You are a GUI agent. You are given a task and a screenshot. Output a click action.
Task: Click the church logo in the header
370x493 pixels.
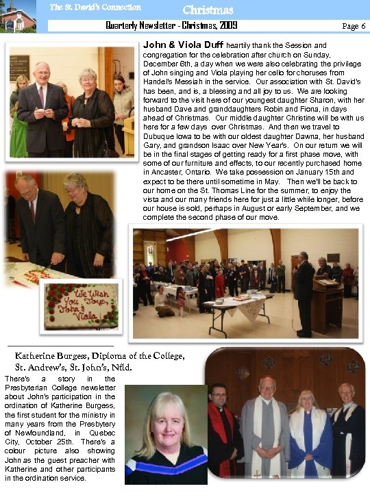pyautogui.click(x=18, y=16)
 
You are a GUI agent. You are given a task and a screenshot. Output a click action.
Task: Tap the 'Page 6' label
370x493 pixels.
pyautogui.click(x=354, y=25)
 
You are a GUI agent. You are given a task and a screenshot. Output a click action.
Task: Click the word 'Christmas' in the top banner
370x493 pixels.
pyautogui.click(x=208, y=10)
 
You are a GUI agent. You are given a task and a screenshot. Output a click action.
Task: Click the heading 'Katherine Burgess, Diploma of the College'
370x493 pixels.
pyautogui.click(x=100, y=355)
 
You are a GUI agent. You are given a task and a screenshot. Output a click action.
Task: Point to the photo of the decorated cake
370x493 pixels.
pyautogui.click(x=81, y=305)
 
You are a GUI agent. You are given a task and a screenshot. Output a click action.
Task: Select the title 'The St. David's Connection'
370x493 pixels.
pyautogui.click(x=95, y=8)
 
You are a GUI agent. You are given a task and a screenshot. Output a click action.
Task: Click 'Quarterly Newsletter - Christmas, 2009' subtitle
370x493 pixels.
pyautogui.click(x=171, y=25)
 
